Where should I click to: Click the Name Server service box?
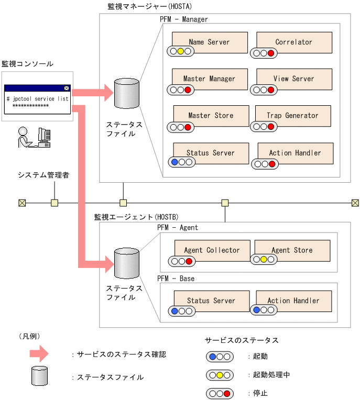pos(209,42)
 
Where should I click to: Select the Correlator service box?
pos(294,42)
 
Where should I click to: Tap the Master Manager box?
pos(209,79)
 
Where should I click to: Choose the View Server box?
pos(294,79)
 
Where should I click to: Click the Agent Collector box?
pos(212,250)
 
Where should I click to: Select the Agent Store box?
pos(292,250)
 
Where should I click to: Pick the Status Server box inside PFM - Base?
pos(211,301)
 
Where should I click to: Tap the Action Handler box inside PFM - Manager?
pos(294,153)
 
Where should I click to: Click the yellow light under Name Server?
pos(180,51)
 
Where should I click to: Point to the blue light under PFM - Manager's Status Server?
pos(174,162)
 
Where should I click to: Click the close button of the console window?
pos(66,88)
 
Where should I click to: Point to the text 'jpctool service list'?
pos(38,98)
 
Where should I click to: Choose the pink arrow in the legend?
pos(39,354)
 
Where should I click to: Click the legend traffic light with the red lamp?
pos(219,393)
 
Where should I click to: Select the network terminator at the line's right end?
pos(355,203)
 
